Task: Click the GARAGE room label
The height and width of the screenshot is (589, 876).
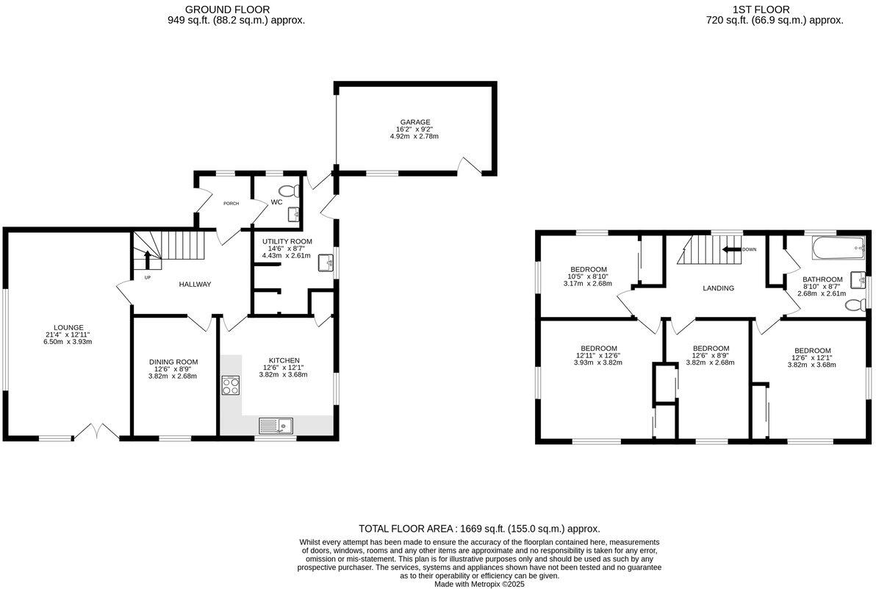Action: (x=415, y=122)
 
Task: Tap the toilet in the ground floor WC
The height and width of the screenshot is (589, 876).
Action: (x=291, y=191)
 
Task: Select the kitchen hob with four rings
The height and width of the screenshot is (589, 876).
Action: (x=231, y=385)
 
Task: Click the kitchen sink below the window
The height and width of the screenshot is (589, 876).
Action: (x=276, y=425)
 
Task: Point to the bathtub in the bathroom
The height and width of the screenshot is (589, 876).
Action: (x=838, y=249)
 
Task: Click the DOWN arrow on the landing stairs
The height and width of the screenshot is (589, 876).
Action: (x=732, y=249)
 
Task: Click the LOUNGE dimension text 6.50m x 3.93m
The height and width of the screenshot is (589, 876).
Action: (x=68, y=341)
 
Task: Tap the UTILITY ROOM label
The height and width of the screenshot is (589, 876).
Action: (x=287, y=241)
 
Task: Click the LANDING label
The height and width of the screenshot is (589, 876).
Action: (x=718, y=288)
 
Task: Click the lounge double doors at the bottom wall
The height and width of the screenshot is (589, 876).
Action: (x=99, y=432)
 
